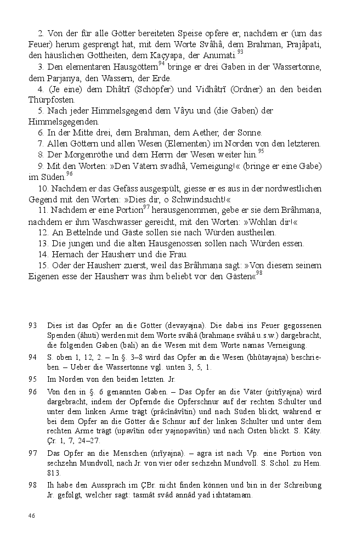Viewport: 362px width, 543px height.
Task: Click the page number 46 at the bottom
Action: (x=32, y=516)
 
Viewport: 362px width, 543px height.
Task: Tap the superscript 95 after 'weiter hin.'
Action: (x=261, y=151)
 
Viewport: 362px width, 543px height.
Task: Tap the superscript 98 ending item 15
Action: (x=259, y=273)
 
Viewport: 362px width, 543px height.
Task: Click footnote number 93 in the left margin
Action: (x=32, y=326)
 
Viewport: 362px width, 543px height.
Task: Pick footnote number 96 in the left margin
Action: (x=32, y=391)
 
